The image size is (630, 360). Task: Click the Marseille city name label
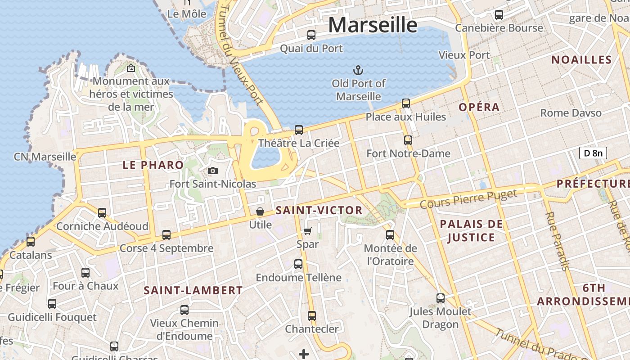[x=373, y=25]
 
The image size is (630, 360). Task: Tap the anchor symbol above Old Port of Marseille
[x=358, y=70]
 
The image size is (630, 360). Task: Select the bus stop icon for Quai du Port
[x=311, y=35]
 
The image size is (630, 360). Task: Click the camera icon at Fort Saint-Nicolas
[x=213, y=171]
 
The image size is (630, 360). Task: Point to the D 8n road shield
[x=593, y=153]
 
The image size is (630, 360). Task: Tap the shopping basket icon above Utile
[x=260, y=211]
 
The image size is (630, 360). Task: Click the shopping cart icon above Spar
[x=308, y=231]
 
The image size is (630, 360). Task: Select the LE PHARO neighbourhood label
[x=153, y=165]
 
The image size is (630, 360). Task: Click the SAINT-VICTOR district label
[x=319, y=210]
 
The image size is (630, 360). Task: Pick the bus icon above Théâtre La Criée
[x=299, y=130]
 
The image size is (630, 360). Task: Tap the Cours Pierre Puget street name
[x=468, y=198]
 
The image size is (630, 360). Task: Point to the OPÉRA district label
[x=479, y=107]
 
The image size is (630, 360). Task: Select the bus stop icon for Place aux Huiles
[x=406, y=103]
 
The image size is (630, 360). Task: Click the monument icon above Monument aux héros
[x=131, y=68]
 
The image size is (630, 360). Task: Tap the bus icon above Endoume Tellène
[x=298, y=264]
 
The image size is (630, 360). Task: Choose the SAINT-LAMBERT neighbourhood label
[x=193, y=291]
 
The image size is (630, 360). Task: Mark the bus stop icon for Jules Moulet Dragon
[x=441, y=298]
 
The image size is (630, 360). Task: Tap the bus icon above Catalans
[x=31, y=242]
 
